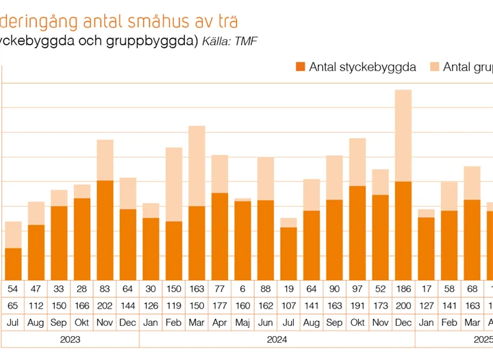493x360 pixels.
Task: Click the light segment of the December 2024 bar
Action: (x=403, y=136)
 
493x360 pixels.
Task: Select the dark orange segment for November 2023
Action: (x=105, y=230)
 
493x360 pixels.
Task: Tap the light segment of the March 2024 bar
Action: (x=197, y=166)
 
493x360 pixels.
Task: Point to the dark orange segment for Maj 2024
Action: (x=242, y=240)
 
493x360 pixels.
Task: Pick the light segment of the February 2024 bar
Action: (x=174, y=184)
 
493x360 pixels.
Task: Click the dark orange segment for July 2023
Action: (x=13, y=263)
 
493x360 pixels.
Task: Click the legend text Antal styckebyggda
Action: (x=362, y=66)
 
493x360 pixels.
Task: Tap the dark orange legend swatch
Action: (x=300, y=66)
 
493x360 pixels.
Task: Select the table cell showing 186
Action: (x=403, y=289)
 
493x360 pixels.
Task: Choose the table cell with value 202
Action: (x=105, y=305)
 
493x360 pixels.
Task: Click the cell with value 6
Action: (x=242, y=289)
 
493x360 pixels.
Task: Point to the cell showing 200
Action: (x=403, y=305)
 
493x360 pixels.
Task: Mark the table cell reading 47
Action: (x=36, y=289)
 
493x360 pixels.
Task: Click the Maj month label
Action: (x=242, y=322)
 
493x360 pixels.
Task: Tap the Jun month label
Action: (x=266, y=322)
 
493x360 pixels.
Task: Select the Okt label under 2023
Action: (x=81, y=322)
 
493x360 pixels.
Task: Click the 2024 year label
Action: (x=277, y=339)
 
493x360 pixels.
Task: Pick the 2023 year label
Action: (x=70, y=339)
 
